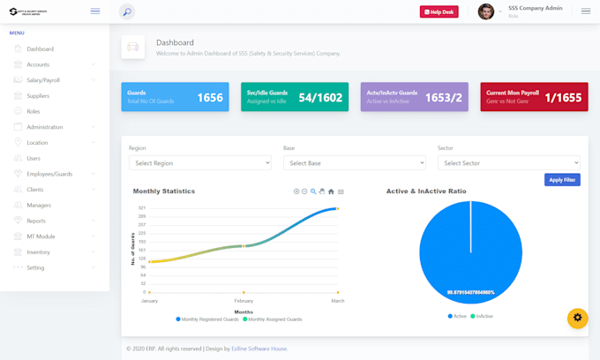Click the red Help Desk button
(x=439, y=11)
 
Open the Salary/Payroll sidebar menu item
(x=44, y=80)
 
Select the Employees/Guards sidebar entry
(x=49, y=174)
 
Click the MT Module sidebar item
(x=41, y=236)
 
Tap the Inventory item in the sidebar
(x=38, y=252)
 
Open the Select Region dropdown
(x=199, y=163)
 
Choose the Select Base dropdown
(x=354, y=163)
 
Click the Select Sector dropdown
(x=508, y=163)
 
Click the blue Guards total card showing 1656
(x=175, y=97)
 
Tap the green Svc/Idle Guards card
(x=294, y=97)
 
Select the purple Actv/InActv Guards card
(x=414, y=97)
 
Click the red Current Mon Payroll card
(x=533, y=97)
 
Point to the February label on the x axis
(x=244, y=301)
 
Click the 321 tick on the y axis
(x=141, y=208)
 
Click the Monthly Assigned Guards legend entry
(x=274, y=319)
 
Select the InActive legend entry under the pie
(x=482, y=316)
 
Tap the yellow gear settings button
(x=577, y=318)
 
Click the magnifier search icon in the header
(x=127, y=11)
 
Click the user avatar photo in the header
(x=486, y=11)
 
